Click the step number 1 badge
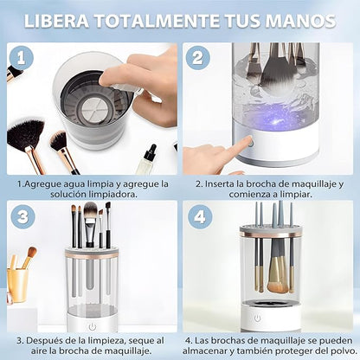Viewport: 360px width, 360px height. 22,58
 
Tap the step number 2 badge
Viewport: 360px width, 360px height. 197,57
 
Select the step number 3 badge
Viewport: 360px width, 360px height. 22,216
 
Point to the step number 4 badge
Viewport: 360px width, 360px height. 200,216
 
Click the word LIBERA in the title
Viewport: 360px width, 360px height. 56,21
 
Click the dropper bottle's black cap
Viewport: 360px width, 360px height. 150,152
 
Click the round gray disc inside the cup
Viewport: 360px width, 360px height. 92,109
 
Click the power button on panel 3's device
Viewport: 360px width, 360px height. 93,327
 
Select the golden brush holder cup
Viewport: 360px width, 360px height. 18,285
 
